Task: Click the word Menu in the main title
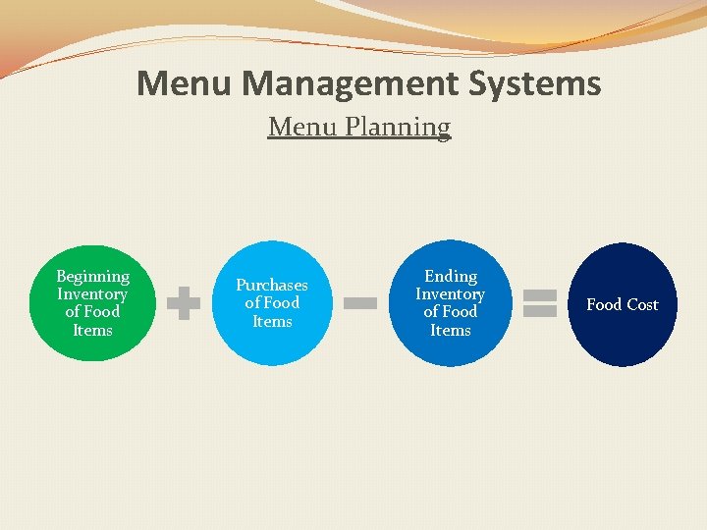(x=186, y=83)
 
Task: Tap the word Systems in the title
(x=538, y=83)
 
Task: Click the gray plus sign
(x=183, y=304)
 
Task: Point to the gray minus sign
(x=359, y=304)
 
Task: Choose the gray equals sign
(x=540, y=302)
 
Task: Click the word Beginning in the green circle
(x=93, y=277)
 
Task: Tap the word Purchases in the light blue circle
(x=272, y=286)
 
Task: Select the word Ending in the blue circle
(x=451, y=277)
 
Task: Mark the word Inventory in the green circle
(x=92, y=294)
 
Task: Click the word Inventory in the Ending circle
(x=451, y=294)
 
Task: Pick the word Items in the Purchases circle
(x=272, y=321)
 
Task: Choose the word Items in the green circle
(x=93, y=330)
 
